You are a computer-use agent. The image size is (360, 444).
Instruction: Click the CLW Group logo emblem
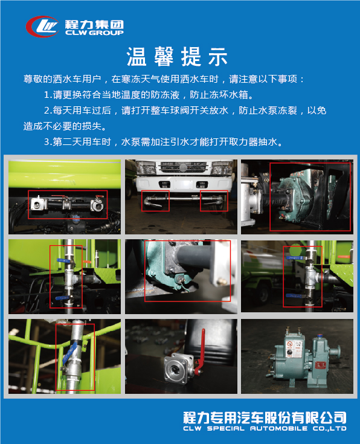pyautogui.click(x=43, y=26)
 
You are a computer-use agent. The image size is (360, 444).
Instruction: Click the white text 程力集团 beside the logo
pyautogui.click(x=94, y=24)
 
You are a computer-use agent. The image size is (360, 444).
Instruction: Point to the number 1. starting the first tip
pyautogui.click(x=48, y=95)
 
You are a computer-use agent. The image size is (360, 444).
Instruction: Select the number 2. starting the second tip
pyautogui.click(x=48, y=111)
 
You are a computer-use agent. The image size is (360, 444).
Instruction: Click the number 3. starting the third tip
pyautogui.click(x=48, y=143)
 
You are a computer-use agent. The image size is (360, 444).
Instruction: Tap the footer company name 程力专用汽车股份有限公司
pyautogui.click(x=265, y=417)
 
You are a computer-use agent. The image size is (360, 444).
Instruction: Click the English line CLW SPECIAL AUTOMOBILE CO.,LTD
pyautogui.click(x=265, y=429)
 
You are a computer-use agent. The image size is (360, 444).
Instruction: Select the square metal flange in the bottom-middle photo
pyautogui.click(x=178, y=369)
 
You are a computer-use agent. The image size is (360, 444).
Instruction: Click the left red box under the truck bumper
pyautogui.click(x=155, y=202)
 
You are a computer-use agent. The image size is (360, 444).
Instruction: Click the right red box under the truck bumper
pyautogui.click(x=214, y=202)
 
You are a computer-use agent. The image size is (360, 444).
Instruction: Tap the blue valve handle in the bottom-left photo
pyautogui.click(x=72, y=351)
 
